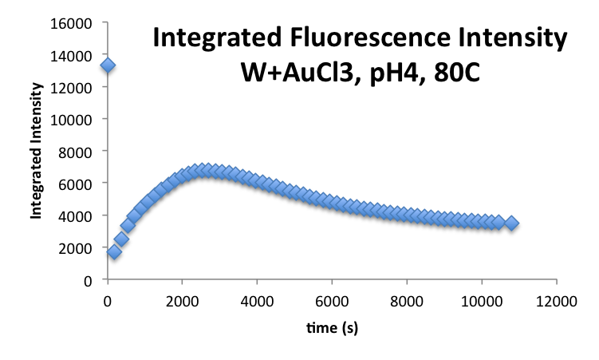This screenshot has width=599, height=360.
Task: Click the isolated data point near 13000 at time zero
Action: [x=108, y=65]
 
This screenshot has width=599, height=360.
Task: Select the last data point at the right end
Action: [x=511, y=224]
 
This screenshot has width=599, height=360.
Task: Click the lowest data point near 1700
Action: [x=114, y=252]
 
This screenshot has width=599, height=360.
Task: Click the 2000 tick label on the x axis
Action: [x=182, y=300]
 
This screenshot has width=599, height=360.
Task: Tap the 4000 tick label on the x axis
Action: [x=257, y=300]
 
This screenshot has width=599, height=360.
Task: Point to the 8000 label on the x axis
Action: [x=407, y=300]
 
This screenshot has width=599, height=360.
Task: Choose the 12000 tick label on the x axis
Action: [x=557, y=300]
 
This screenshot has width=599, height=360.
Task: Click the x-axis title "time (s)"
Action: [x=332, y=327]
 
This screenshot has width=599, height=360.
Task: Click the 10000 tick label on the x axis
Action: [x=481, y=300]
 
